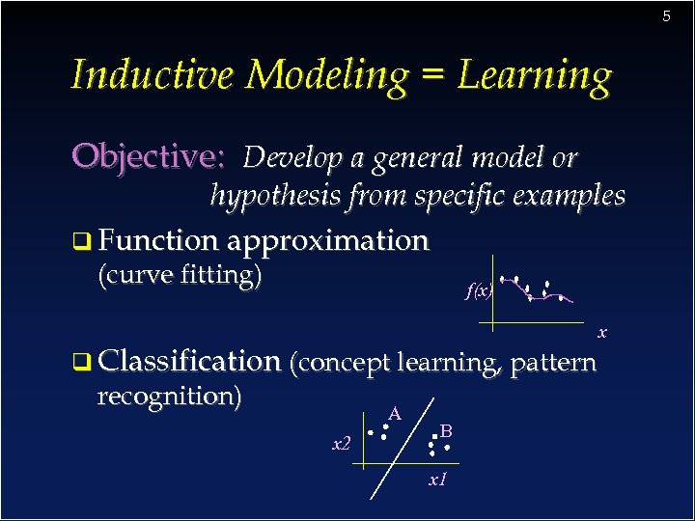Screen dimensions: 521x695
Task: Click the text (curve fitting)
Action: pyautogui.click(x=181, y=275)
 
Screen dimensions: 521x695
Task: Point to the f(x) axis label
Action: pyautogui.click(x=479, y=289)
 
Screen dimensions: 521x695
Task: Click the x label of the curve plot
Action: pyautogui.click(x=601, y=333)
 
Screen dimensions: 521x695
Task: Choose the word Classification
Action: pyautogui.click(x=189, y=362)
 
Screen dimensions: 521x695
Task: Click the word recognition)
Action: pyautogui.click(x=170, y=396)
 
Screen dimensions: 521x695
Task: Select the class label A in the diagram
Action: pyautogui.click(x=394, y=414)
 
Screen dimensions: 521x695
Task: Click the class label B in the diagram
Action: pyautogui.click(x=447, y=430)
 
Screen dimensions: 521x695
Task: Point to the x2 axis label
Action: pyautogui.click(x=341, y=444)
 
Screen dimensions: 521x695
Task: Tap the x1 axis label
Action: pyautogui.click(x=436, y=479)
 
